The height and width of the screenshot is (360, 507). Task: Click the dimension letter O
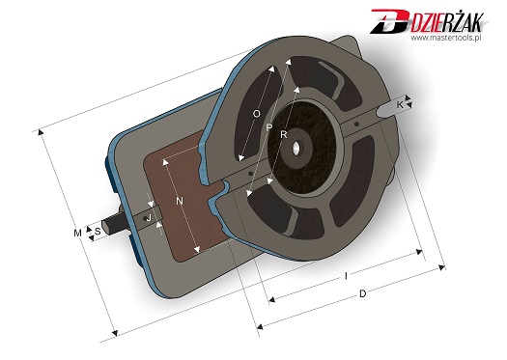257,114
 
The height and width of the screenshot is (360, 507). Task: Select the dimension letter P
269,127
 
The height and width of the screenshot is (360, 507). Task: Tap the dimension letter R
284,135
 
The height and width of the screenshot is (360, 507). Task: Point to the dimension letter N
180,202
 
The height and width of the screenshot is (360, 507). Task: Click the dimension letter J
149,218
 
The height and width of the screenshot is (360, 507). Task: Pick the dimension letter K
400,105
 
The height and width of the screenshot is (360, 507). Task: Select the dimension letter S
98,232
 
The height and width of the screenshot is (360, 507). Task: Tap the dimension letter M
77,233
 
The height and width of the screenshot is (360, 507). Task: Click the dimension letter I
347,276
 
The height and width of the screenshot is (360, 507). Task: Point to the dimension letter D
363,293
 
